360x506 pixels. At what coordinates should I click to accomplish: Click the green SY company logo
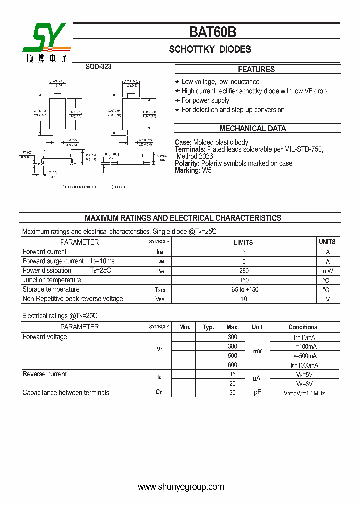point(46,39)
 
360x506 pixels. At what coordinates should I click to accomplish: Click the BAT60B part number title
point(212,32)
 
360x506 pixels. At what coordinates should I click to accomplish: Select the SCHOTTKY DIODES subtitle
point(210,49)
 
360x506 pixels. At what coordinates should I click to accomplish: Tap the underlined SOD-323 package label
point(98,66)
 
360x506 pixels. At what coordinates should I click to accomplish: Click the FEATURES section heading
point(256,70)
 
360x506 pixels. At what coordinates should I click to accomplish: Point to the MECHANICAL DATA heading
point(253,128)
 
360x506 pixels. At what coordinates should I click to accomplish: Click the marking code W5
point(207,170)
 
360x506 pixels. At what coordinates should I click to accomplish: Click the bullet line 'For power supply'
point(205,100)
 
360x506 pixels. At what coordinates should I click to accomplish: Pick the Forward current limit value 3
point(244,252)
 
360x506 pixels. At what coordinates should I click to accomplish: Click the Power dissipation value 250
point(244,271)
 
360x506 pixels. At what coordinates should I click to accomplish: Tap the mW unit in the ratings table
point(328,271)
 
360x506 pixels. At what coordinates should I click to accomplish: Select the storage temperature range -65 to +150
point(244,290)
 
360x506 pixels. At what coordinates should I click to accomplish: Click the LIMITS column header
point(244,242)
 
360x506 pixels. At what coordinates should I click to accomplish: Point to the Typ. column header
point(208,327)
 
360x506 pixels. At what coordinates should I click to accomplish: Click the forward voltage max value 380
point(232,346)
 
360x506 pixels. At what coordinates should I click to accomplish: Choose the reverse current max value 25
point(232,383)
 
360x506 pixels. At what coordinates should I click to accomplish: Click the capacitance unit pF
point(257,393)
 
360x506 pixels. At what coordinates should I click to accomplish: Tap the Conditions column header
point(303,327)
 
